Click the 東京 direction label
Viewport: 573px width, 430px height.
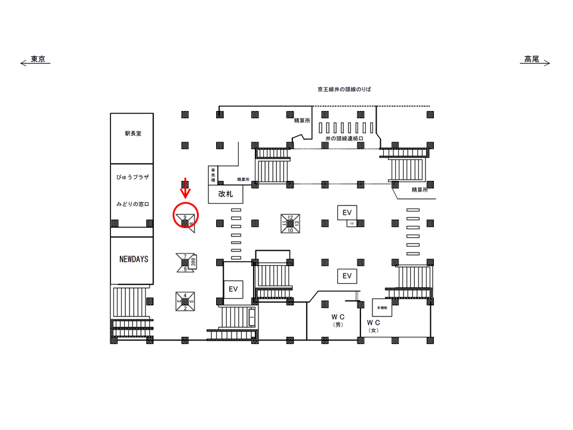38,59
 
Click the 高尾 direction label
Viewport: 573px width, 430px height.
532,59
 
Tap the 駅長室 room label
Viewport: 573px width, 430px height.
133,134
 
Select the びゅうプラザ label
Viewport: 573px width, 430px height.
133,177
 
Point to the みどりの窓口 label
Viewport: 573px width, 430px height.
133,204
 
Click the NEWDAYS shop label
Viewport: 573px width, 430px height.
133,259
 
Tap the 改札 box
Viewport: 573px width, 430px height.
225,194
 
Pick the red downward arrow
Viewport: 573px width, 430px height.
186,187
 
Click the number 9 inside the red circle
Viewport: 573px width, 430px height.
185,217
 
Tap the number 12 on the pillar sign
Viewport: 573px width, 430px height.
290,217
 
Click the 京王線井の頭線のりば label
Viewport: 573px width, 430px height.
344,89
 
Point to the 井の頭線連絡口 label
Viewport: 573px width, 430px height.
345,138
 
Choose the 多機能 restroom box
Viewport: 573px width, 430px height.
382,307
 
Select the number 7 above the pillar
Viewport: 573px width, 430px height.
185,256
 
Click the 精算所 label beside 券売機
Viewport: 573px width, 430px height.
242,179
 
